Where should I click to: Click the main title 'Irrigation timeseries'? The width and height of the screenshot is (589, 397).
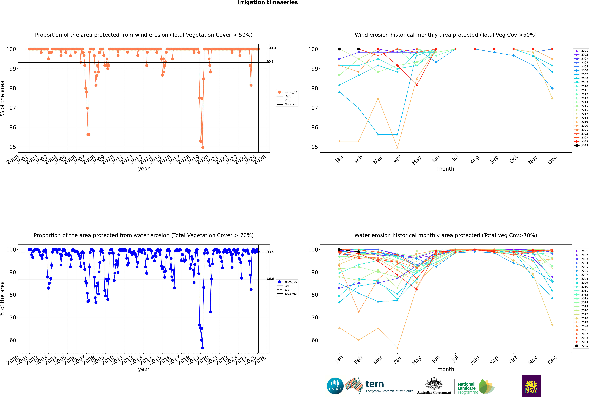(x=267, y=3)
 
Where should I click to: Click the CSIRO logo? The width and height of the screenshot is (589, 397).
(x=335, y=386)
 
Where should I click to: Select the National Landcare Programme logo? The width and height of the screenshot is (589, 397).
(x=476, y=387)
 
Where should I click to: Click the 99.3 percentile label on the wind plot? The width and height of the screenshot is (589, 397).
(x=270, y=62)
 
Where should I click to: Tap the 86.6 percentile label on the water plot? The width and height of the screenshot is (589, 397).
(x=270, y=279)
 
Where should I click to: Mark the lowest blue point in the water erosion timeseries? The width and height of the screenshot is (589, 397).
(x=203, y=348)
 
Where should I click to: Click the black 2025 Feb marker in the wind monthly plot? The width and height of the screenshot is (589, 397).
(x=359, y=49)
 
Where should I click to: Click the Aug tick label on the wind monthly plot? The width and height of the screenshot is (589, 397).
(x=475, y=159)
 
